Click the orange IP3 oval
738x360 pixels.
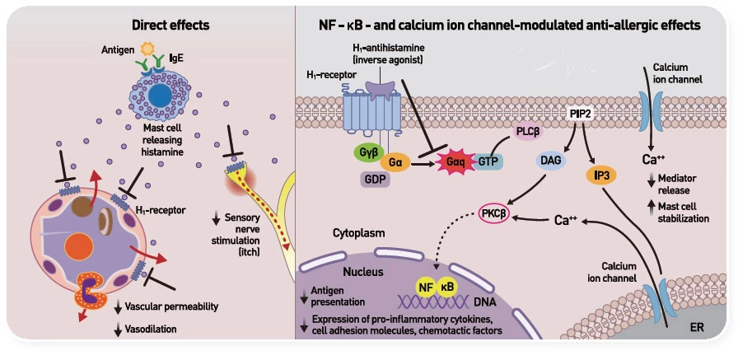point(601,175)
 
